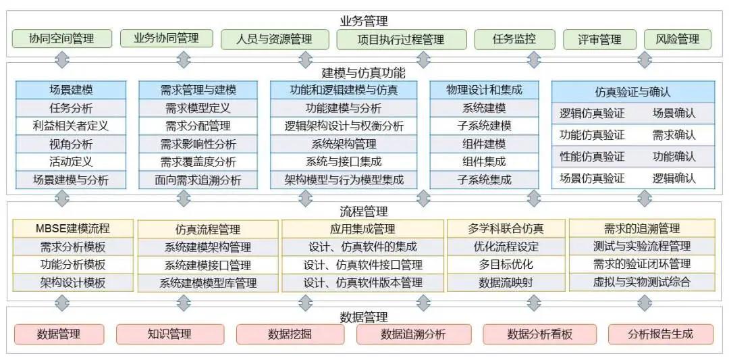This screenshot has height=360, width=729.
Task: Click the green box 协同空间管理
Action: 62,38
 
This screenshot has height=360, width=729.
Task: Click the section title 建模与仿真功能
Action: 364,73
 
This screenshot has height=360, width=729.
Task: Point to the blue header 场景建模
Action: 71,90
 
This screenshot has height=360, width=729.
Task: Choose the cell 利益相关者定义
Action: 71,126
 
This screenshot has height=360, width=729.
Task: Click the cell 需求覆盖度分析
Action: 198,162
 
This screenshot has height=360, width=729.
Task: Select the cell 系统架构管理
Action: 344,144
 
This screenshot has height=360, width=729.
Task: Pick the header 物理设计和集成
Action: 484,90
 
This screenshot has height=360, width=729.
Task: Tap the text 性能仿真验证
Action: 592,156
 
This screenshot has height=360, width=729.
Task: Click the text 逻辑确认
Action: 674,178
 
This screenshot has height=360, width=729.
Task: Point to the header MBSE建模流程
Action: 73,228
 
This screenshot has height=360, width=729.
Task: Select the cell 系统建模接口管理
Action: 208,265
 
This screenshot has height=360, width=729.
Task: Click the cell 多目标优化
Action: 506,265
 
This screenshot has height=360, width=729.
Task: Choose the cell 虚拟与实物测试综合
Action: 642,282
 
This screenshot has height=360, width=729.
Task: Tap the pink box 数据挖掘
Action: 290,334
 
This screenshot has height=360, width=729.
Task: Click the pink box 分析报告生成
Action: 660,334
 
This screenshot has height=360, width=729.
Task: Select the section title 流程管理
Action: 364,212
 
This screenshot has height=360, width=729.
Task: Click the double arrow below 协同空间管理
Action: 62,59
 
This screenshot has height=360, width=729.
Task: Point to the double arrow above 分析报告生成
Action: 645,303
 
